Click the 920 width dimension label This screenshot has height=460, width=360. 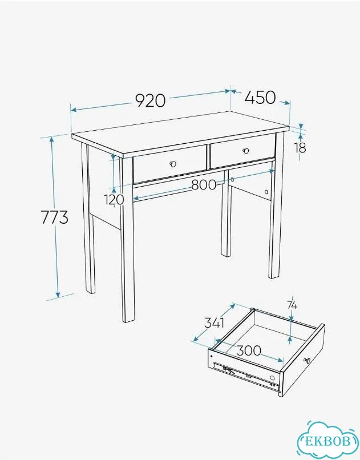151,100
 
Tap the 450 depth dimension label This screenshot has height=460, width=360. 260,98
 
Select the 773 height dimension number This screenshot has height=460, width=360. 55,217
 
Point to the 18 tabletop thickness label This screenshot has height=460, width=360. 301,148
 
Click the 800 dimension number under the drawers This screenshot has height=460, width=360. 204,185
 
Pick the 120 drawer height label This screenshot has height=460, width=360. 114,200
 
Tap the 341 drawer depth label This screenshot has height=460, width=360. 215,322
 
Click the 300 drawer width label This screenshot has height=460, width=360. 249,350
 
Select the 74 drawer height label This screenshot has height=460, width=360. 292,306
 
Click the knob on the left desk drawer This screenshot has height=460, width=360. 173,164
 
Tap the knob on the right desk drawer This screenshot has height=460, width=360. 246,151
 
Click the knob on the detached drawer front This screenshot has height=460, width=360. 306,360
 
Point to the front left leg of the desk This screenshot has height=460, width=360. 127,239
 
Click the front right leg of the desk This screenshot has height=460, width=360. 277,205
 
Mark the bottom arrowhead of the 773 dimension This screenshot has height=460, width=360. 58,294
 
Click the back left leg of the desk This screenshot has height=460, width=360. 88,219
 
